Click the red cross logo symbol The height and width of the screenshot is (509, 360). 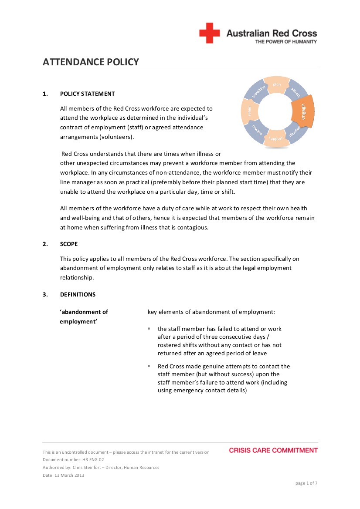pyautogui.click(x=210, y=33)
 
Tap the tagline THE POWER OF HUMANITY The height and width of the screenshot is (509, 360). pyautogui.click(x=286, y=42)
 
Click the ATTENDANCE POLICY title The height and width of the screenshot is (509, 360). pyautogui.click(x=91, y=62)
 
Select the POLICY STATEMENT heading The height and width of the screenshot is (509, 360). pyautogui.click(x=87, y=94)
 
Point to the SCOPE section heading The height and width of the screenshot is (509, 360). pyautogui.click(x=69, y=244)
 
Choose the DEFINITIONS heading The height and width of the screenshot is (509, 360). pyautogui.click(x=78, y=294)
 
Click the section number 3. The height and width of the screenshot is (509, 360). pyautogui.click(x=45, y=294)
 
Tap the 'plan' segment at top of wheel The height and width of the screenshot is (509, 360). pyautogui.click(x=277, y=84)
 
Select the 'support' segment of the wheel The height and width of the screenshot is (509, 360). pyautogui.click(x=276, y=138)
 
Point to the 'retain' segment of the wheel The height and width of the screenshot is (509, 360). pyautogui.click(x=249, y=112)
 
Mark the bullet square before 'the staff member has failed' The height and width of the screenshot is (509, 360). pyautogui.click(x=149, y=328)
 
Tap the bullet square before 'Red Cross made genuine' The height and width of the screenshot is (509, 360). pyautogui.click(x=149, y=366)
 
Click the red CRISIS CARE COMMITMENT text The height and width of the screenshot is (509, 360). pyautogui.click(x=273, y=450)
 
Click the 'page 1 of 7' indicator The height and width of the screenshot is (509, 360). pyautogui.click(x=306, y=483)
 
